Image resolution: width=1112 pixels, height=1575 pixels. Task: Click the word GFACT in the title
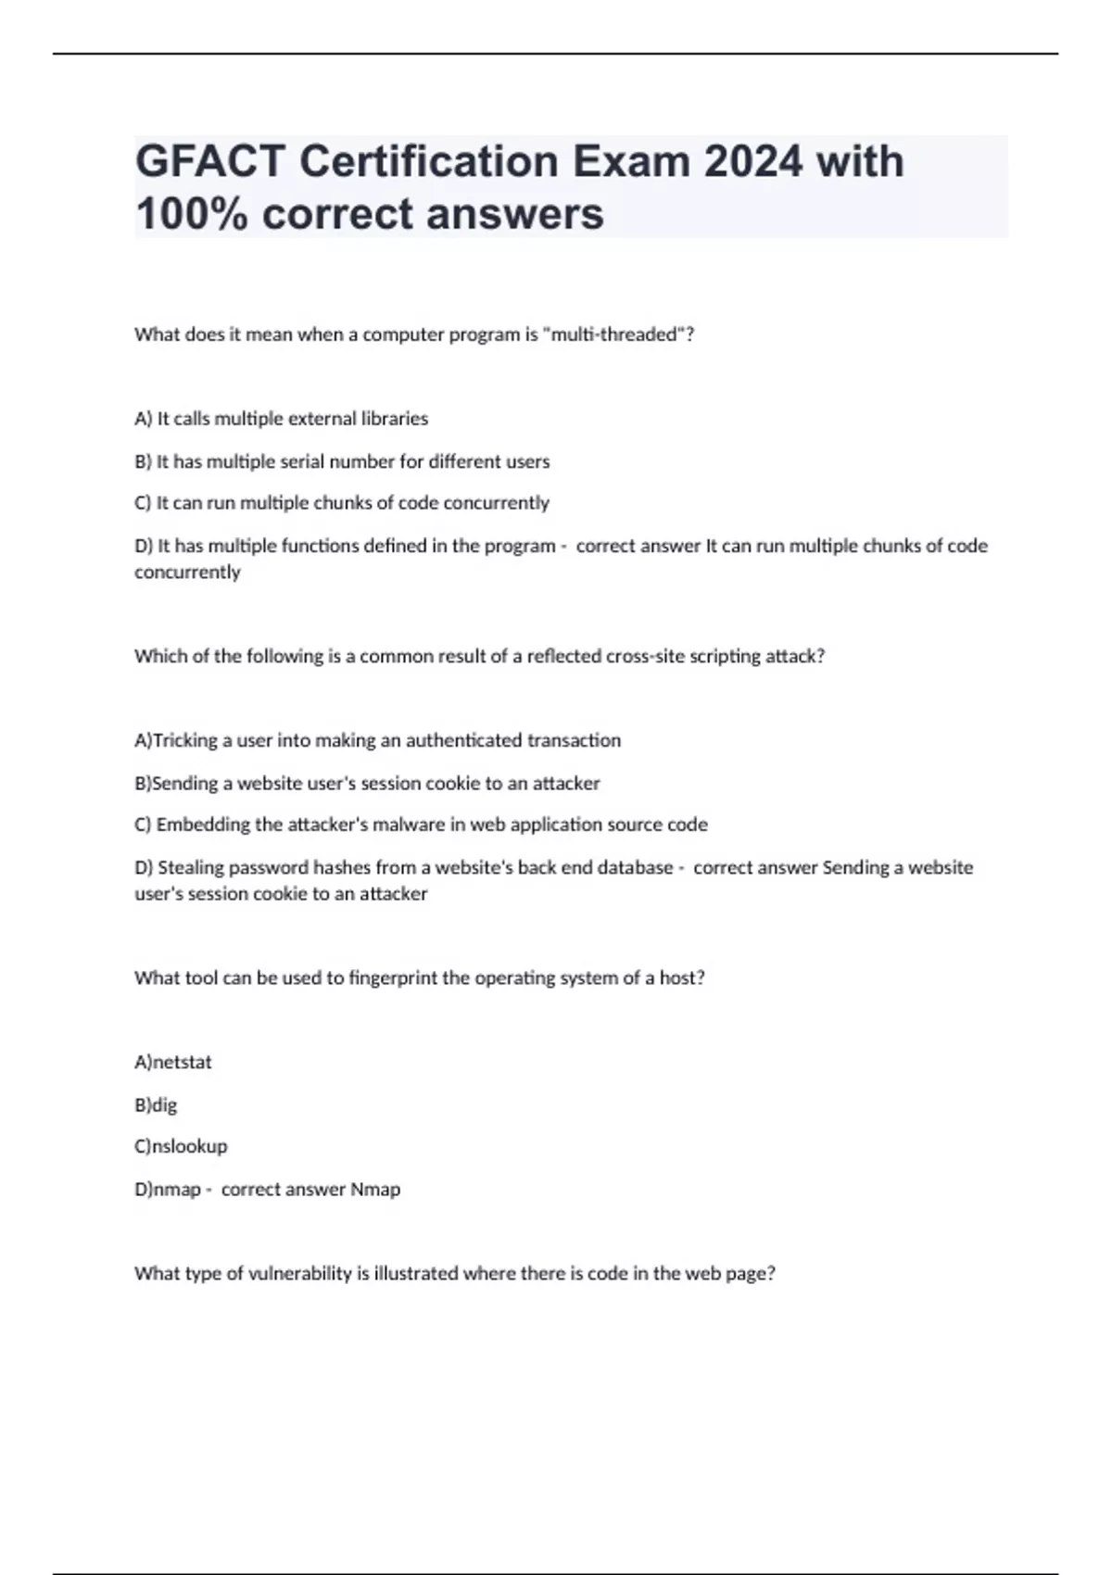tap(210, 162)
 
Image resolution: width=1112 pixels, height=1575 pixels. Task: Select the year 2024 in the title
tap(753, 162)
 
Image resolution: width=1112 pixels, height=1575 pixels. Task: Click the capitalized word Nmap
tap(375, 1189)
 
